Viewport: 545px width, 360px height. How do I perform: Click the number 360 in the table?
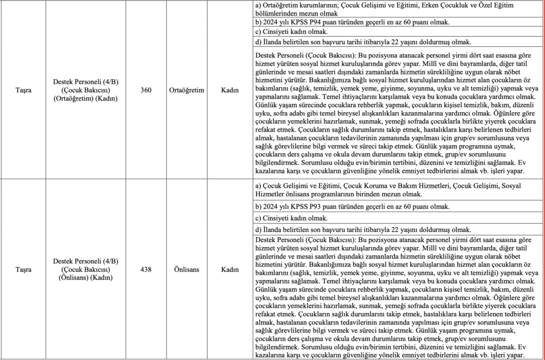(146, 91)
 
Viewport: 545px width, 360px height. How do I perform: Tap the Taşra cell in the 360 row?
(23, 91)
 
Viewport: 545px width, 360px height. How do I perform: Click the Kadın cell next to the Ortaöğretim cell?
(229, 91)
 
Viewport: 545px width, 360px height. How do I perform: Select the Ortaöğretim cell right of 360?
(187, 91)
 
